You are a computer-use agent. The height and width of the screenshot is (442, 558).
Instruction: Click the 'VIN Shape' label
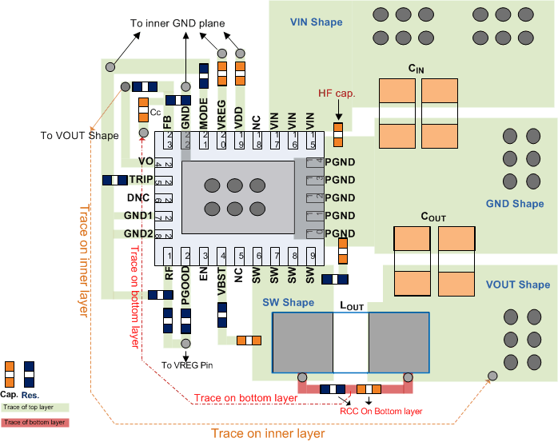(x=317, y=22)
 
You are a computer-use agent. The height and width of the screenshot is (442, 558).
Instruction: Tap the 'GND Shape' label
(x=515, y=204)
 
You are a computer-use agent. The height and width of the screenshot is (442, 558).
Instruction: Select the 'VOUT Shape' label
(x=518, y=285)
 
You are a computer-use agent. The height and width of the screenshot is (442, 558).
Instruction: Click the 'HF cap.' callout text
(x=337, y=94)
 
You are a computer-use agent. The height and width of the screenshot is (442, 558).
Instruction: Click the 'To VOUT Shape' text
(x=79, y=135)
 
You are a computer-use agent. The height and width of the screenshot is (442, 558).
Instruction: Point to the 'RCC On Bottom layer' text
(x=381, y=411)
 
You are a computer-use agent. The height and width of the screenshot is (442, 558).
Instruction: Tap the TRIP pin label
(x=140, y=180)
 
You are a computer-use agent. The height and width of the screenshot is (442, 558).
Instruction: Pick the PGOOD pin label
(x=185, y=286)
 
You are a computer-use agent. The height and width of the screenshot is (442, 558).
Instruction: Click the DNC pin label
(x=139, y=198)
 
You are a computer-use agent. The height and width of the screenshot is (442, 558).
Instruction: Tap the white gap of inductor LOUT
(x=351, y=342)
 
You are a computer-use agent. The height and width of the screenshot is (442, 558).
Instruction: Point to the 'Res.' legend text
(x=32, y=395)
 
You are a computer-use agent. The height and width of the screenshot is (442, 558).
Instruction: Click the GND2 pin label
(x=138, y=233)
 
